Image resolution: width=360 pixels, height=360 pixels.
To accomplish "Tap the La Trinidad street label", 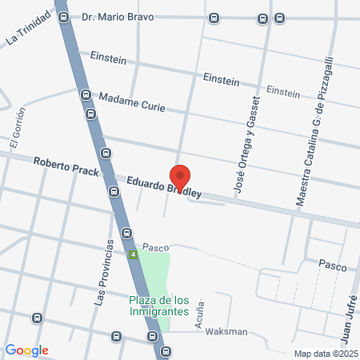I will click(27, 27).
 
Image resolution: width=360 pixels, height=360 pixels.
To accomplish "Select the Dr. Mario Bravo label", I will click(118, 17).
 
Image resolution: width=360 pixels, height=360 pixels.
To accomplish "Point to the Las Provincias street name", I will click(100, 271).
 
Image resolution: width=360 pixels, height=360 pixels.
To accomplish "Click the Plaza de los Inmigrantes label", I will click(160, 305).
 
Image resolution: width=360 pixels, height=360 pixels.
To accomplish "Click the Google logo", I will click(26, 350).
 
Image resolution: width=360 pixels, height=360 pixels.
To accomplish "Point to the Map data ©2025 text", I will click(324, 353).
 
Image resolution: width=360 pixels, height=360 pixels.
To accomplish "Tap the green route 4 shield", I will click(133, 254).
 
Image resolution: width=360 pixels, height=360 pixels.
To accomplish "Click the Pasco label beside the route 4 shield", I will click(155, 247).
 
